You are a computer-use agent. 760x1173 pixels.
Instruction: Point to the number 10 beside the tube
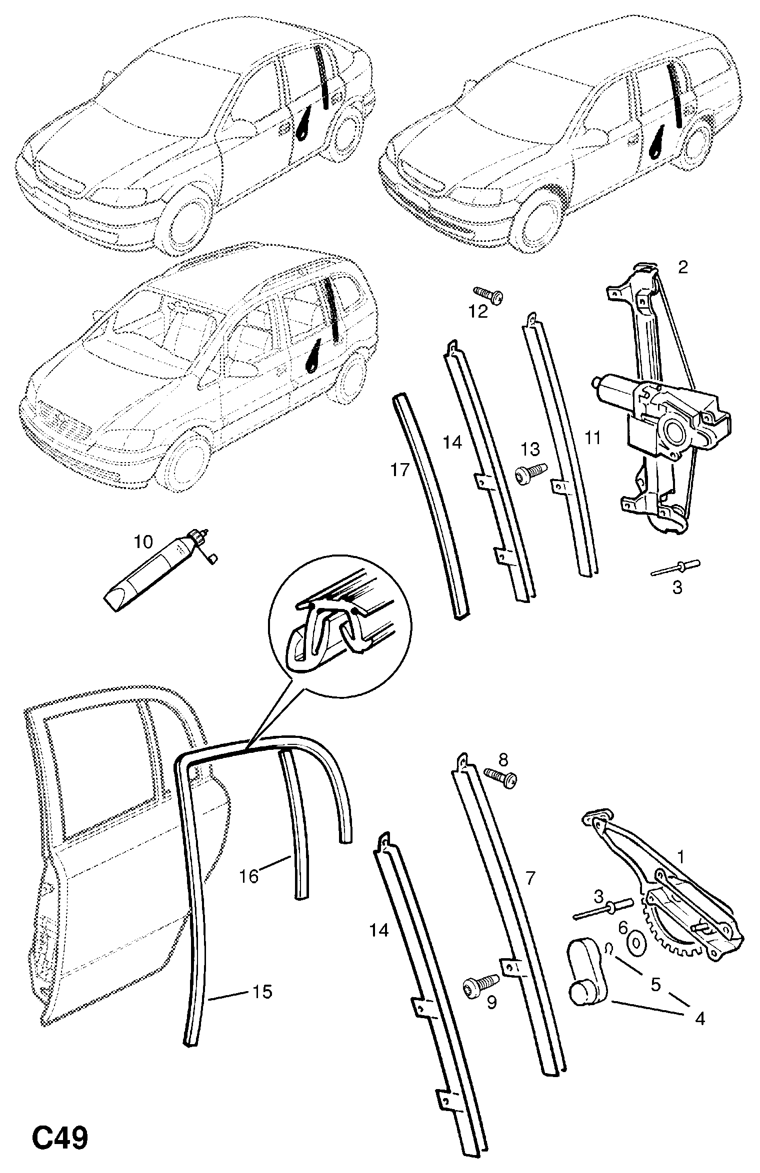point(143,542)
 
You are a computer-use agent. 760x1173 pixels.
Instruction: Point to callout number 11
point(592,438)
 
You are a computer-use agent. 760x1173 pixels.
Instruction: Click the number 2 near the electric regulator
point(682,268)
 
